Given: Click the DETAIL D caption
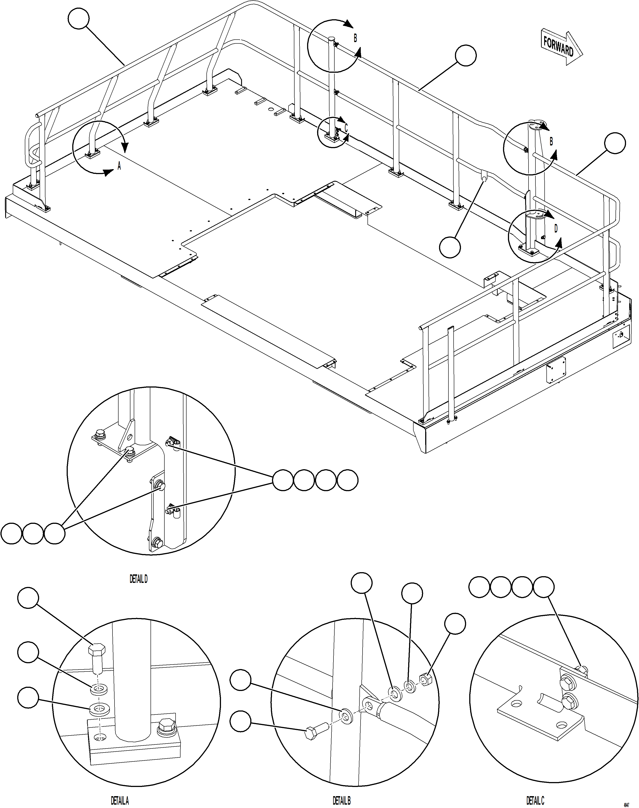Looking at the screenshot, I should tap(138, 579).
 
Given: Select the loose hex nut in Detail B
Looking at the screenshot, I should tap(425, 678).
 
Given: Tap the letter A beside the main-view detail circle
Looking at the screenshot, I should tap(119, 166).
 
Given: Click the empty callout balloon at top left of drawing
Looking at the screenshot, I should tap(79, 19).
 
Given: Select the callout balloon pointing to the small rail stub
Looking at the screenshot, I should tap(450, 247).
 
